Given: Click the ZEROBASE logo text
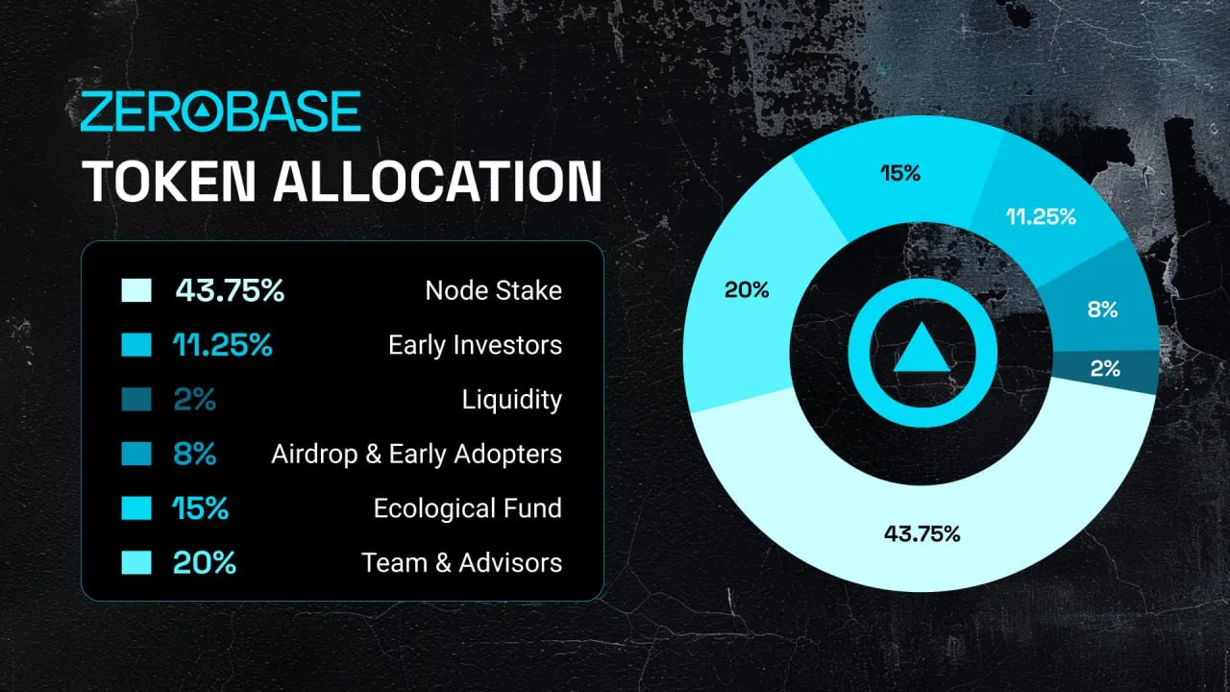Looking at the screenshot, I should coord(221,112).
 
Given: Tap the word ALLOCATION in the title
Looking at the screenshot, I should coord(437,181).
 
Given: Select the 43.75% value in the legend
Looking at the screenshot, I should coord(230,291).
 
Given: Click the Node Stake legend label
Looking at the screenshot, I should coord(493,291).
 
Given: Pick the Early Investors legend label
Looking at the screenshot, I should coord(475,345).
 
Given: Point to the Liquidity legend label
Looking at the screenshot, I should coord(511,400).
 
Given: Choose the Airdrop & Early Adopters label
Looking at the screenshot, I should coord(416,454).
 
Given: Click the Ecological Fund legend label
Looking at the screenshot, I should coord(467,508).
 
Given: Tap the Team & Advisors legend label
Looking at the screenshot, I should coord(461,562).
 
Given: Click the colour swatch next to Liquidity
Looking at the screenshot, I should coord(136,400).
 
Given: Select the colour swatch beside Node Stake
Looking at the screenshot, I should coord(136,291).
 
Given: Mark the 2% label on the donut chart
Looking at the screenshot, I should coord(1105,368).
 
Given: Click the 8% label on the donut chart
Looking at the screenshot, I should coord(1102,309).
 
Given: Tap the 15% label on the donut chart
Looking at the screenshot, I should coord(900,174).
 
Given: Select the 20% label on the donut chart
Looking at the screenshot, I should coord(747,289).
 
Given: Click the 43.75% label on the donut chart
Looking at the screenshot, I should coord(922,534).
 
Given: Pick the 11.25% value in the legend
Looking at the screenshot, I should coord(223,345).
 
